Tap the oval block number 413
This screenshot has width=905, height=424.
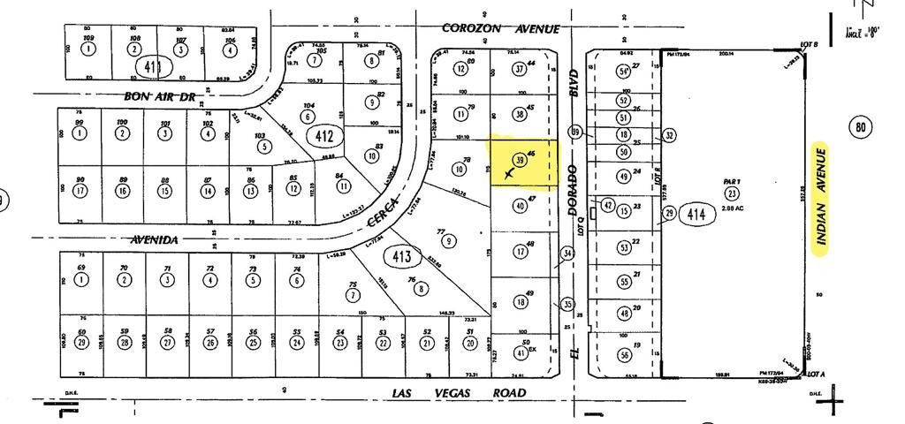pos(402,257)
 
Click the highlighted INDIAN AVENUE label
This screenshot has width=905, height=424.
pos(820,200)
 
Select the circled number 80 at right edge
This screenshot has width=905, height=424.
pos(863,127)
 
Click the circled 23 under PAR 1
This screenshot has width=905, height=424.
pos(732,193)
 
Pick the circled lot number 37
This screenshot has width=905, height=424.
pos(520,69)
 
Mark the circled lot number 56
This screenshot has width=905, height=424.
pos(624,355)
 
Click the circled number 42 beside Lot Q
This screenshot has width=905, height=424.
pos(607,205)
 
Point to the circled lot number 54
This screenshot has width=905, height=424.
pos(623,71)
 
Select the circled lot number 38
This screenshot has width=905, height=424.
pos(520,114)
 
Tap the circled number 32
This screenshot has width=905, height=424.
pos(670,135)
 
